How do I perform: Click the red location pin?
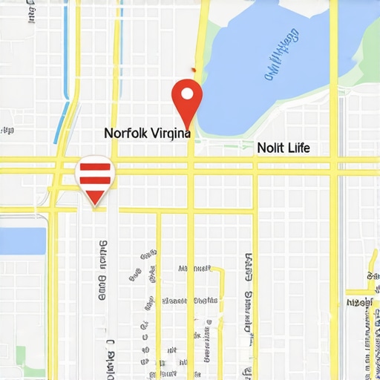point(186,100)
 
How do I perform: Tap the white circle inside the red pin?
point(186,94)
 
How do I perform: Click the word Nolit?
point(270,148)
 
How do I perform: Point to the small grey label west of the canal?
point(7,131)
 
